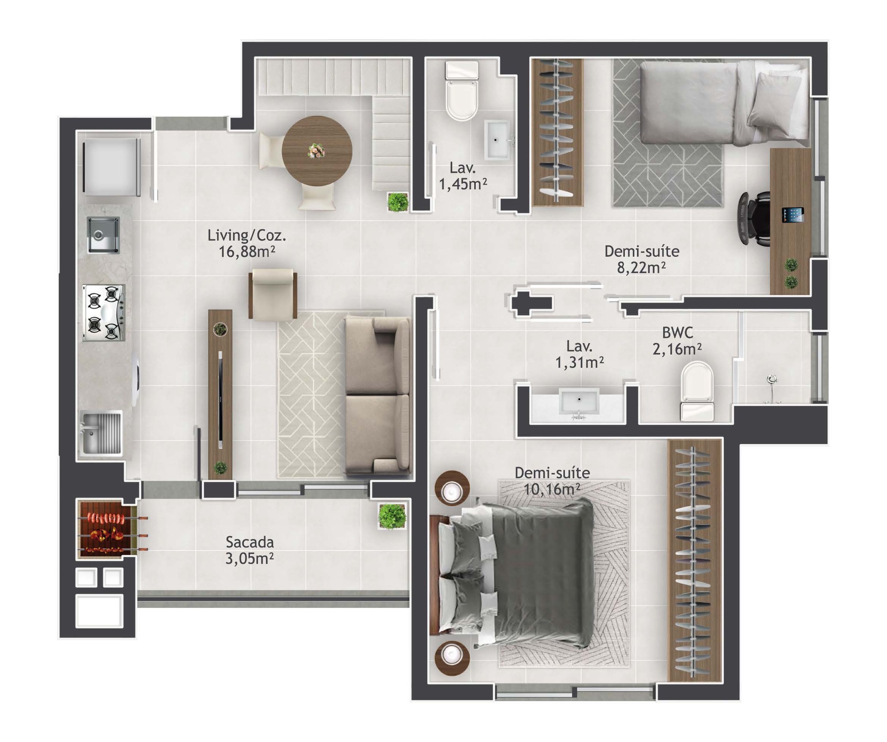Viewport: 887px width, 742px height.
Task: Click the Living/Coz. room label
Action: pyautogui.click(x=247, y=235)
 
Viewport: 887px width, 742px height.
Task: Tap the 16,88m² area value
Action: pyautogui.click(x=247, y=252)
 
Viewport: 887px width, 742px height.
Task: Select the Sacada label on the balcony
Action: pyautogui.click(x=249, y=542)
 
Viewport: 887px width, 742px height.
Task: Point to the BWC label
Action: pyautogui.click(x=677, y=333)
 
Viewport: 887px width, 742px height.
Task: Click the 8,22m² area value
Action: pyautogui.click(x=642, y=267)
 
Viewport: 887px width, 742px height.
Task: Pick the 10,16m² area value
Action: pyautogui.click(x=552, y=489)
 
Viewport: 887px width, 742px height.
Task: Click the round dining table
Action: pyautogui.click(x=317, y=151)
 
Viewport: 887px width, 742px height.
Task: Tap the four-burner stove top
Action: pyautogui.click(x=104, y=313)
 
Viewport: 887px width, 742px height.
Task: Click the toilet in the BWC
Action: pyautogui.click(x=697, y=390)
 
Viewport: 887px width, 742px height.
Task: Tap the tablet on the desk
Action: pyautogui.click(x=792, y=215)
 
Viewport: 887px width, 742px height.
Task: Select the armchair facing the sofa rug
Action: pyautogui.click(x=273, y=294)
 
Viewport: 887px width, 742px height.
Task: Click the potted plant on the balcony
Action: pyautogui.click(x=393, y=516)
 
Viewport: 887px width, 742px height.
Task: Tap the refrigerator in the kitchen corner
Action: pyautogui.click(x=112, y=167)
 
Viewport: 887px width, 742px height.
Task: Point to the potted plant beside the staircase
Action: pyautogui.click(x=398, y=202)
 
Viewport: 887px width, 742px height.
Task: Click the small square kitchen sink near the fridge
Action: pyautogui.click(x=103, y=235)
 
